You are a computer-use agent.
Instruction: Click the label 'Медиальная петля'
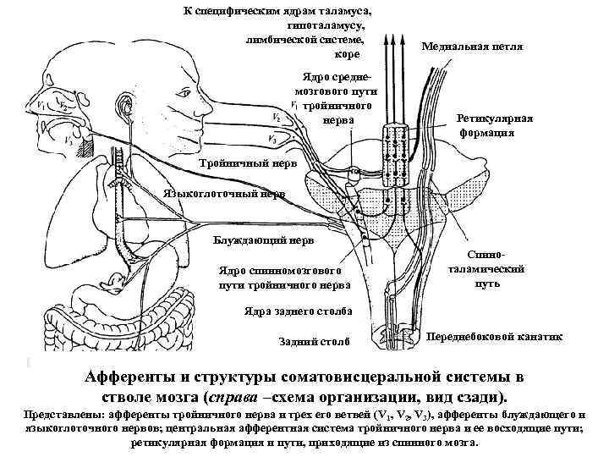tap(472, 47)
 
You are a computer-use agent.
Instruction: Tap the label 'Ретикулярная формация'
tap(495, 126)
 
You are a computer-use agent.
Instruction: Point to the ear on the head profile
tap(127, 106)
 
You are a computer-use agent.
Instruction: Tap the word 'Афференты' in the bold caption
tap(132, 378)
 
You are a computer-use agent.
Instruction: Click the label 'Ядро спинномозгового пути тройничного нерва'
tap(281, 278)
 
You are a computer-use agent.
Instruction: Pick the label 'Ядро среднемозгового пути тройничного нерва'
tap(335, 101)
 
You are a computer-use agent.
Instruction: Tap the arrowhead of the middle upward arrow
tap(392, 38)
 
